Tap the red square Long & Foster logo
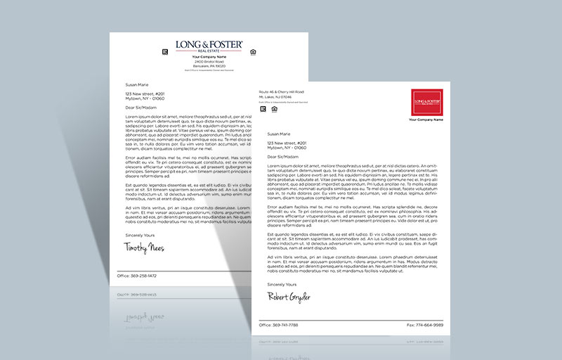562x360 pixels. (x=430, y=102)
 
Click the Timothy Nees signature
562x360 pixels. (x=144, y=247)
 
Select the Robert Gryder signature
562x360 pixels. (x=289, y=297)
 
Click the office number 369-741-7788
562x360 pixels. (x=280, y=325)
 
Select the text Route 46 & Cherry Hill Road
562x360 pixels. (x=281, y=92)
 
